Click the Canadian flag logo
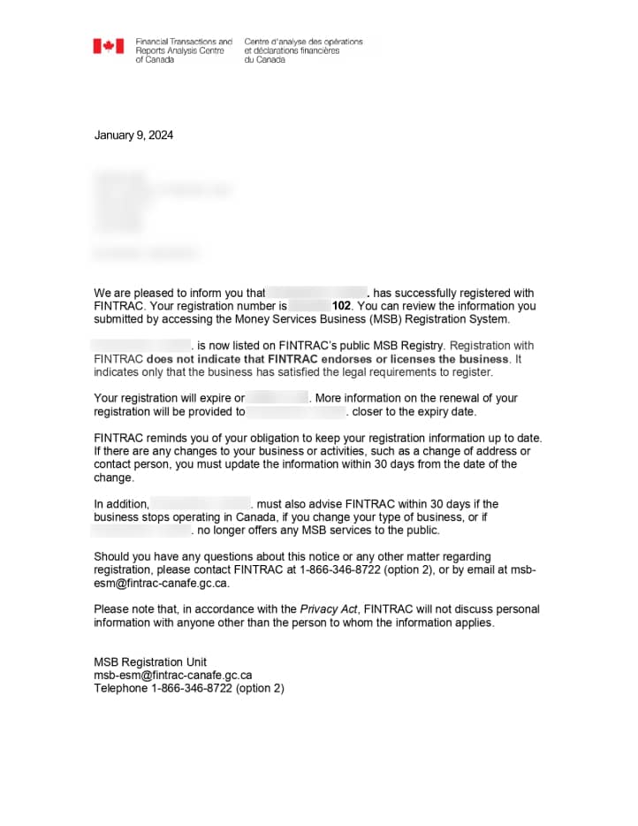109,46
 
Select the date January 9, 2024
133,135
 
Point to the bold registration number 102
342,306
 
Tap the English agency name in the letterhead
184,50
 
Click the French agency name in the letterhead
303,50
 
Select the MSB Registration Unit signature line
150,662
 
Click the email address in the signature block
173,675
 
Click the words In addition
121,504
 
